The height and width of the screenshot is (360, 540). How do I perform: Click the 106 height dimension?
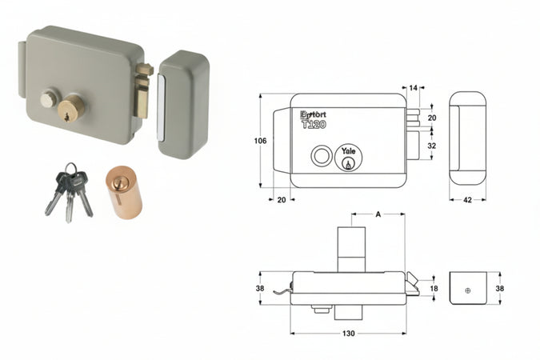(260, 141)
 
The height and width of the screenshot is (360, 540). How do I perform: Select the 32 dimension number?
(433, 146)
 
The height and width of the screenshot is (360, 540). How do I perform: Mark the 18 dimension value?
(434, 288)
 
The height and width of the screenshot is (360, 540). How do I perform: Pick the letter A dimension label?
(377, 214)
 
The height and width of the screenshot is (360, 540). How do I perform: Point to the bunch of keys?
(69, 192)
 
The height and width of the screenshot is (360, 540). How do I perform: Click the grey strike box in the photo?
(183, 104)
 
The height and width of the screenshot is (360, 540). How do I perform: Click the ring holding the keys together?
(71, 170)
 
